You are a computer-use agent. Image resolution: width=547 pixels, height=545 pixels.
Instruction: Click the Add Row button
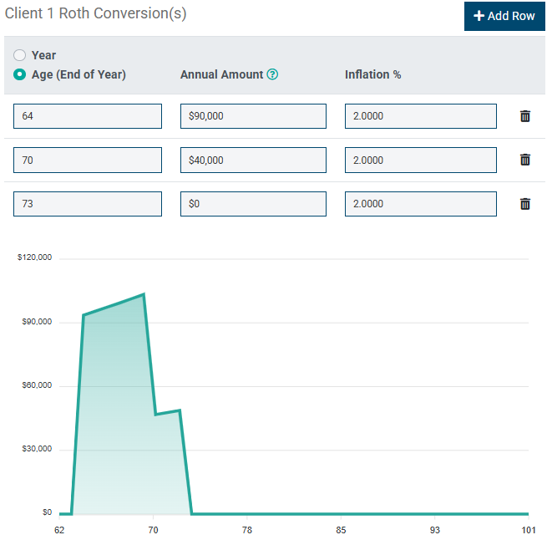tap(504, 16)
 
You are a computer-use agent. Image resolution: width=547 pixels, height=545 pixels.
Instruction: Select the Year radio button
tap(20, 55)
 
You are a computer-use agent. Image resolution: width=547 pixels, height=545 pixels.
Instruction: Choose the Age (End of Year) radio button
tap(20, 74)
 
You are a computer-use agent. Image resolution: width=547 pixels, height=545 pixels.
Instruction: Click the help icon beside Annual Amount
tap(272, 74)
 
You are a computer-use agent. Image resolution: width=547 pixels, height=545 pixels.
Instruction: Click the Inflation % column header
tap(372, 74)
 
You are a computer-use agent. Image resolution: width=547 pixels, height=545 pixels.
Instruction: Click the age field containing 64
tap(88, 116)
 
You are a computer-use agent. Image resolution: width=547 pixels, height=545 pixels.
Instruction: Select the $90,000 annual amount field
tap(253, 116)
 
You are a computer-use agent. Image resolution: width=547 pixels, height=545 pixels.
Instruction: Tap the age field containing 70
tap(88, 160)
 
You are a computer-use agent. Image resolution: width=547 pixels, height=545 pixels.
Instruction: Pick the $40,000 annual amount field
tap(253, 160)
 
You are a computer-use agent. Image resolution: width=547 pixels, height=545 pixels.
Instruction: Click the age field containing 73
tap(88, 203)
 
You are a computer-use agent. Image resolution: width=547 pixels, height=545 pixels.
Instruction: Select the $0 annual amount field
tap(253, 203)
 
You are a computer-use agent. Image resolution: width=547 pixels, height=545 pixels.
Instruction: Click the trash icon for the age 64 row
tap(525, 116)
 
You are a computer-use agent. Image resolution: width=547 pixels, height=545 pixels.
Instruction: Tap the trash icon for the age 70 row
tap(525, 160)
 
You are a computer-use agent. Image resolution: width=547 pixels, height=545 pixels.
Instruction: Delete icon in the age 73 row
tap(525, 203)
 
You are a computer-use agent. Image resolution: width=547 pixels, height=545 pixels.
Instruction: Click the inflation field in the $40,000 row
tap(420, 160)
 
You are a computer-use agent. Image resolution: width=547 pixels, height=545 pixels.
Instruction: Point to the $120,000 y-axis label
tap(35, 257)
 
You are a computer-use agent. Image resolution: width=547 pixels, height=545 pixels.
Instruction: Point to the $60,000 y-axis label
tap(35, 385)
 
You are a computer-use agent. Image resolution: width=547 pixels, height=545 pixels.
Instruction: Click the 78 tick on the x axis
tap(246, 530)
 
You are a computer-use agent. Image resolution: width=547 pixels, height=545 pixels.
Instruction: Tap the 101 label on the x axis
tap(528, 530)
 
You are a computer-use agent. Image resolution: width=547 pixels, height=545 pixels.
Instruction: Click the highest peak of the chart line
tap(144, 294)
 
